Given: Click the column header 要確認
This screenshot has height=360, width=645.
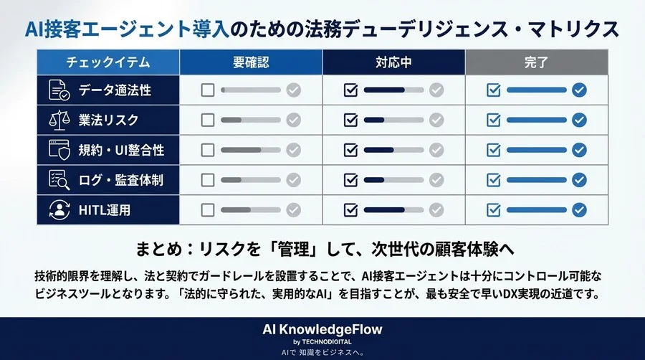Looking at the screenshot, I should (251, 62).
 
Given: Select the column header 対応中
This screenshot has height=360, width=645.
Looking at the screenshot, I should (393, 62).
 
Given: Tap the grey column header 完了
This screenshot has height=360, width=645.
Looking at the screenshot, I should (536, 62).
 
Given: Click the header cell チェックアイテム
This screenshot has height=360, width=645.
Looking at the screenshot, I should (107, 62).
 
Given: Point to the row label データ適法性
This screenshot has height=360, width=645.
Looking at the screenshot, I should (115, 90).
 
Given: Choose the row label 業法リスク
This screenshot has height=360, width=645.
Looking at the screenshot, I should (109, 120).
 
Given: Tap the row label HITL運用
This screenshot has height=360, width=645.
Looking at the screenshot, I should (105, 210).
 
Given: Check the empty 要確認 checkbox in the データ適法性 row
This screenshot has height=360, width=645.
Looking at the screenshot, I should (208, 90).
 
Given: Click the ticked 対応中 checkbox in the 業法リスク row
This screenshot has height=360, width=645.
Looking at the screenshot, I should (350, 120).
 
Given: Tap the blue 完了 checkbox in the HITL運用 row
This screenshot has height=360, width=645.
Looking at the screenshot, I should (493, 210).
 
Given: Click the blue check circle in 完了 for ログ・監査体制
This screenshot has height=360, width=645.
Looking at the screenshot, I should (579, 180).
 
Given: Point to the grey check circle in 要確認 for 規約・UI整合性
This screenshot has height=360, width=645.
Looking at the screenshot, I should (293, 151).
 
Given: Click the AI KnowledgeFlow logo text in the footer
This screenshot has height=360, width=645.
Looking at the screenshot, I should (322, 329).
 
